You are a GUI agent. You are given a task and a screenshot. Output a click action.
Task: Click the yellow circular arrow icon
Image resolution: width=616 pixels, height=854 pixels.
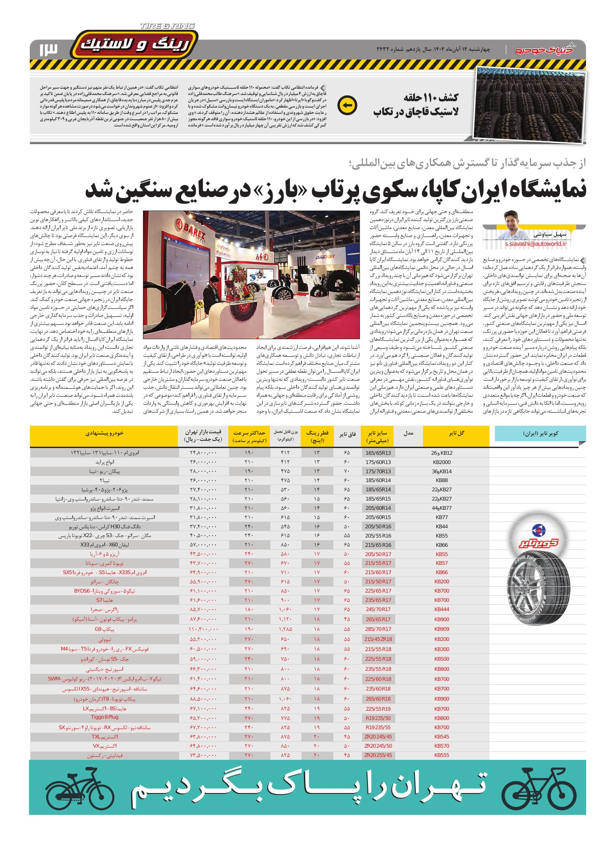click(x=348, y=105)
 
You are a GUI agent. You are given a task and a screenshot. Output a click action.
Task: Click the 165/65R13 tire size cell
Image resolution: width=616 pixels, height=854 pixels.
click(x=378, y=453)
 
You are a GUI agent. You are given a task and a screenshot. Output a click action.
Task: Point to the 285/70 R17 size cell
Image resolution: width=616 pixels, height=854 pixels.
click(x=378, y=629)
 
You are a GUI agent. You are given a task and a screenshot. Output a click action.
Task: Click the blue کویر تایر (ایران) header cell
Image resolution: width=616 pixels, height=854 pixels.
click(x=540, y=433)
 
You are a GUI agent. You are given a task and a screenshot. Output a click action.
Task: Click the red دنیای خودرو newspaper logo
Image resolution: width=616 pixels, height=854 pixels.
click(x=547, y=50)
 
